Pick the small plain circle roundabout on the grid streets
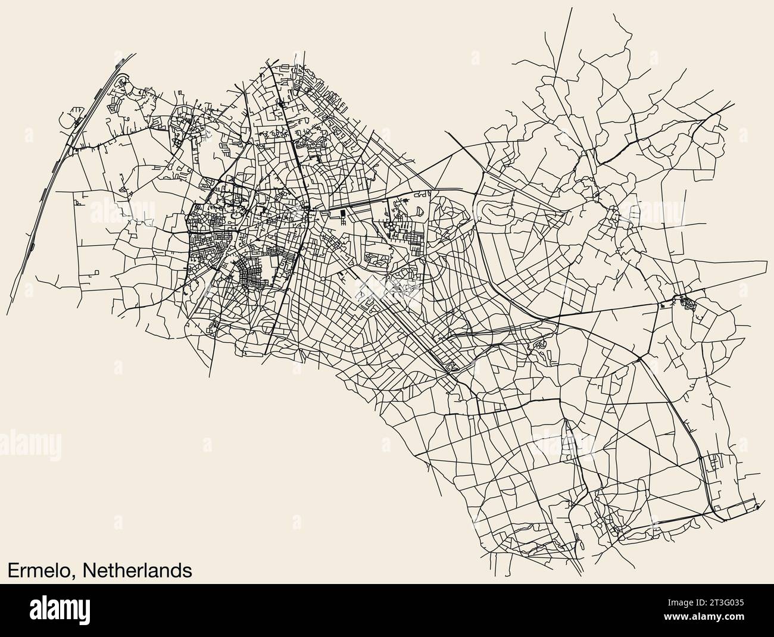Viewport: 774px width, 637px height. [322, 278]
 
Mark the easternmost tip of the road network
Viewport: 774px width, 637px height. [767, 260]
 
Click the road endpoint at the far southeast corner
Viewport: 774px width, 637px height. [757, 507]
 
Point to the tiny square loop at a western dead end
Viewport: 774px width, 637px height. [77, 201]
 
